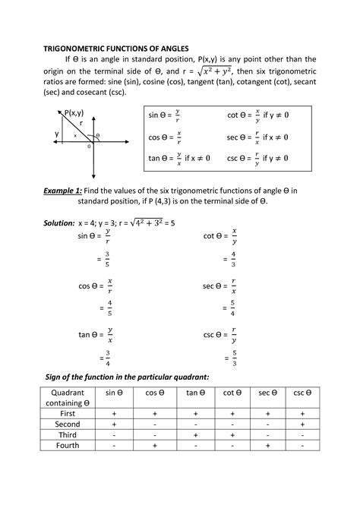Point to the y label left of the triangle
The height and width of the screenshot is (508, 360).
[x=55, y=134]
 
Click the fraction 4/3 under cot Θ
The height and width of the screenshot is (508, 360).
[x=232, y=260]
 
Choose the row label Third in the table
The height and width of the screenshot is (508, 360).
[x=68, y=434]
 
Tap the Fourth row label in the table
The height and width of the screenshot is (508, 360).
[x=68, y=446]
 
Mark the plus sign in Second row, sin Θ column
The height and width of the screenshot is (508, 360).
[x=114, y=424]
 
